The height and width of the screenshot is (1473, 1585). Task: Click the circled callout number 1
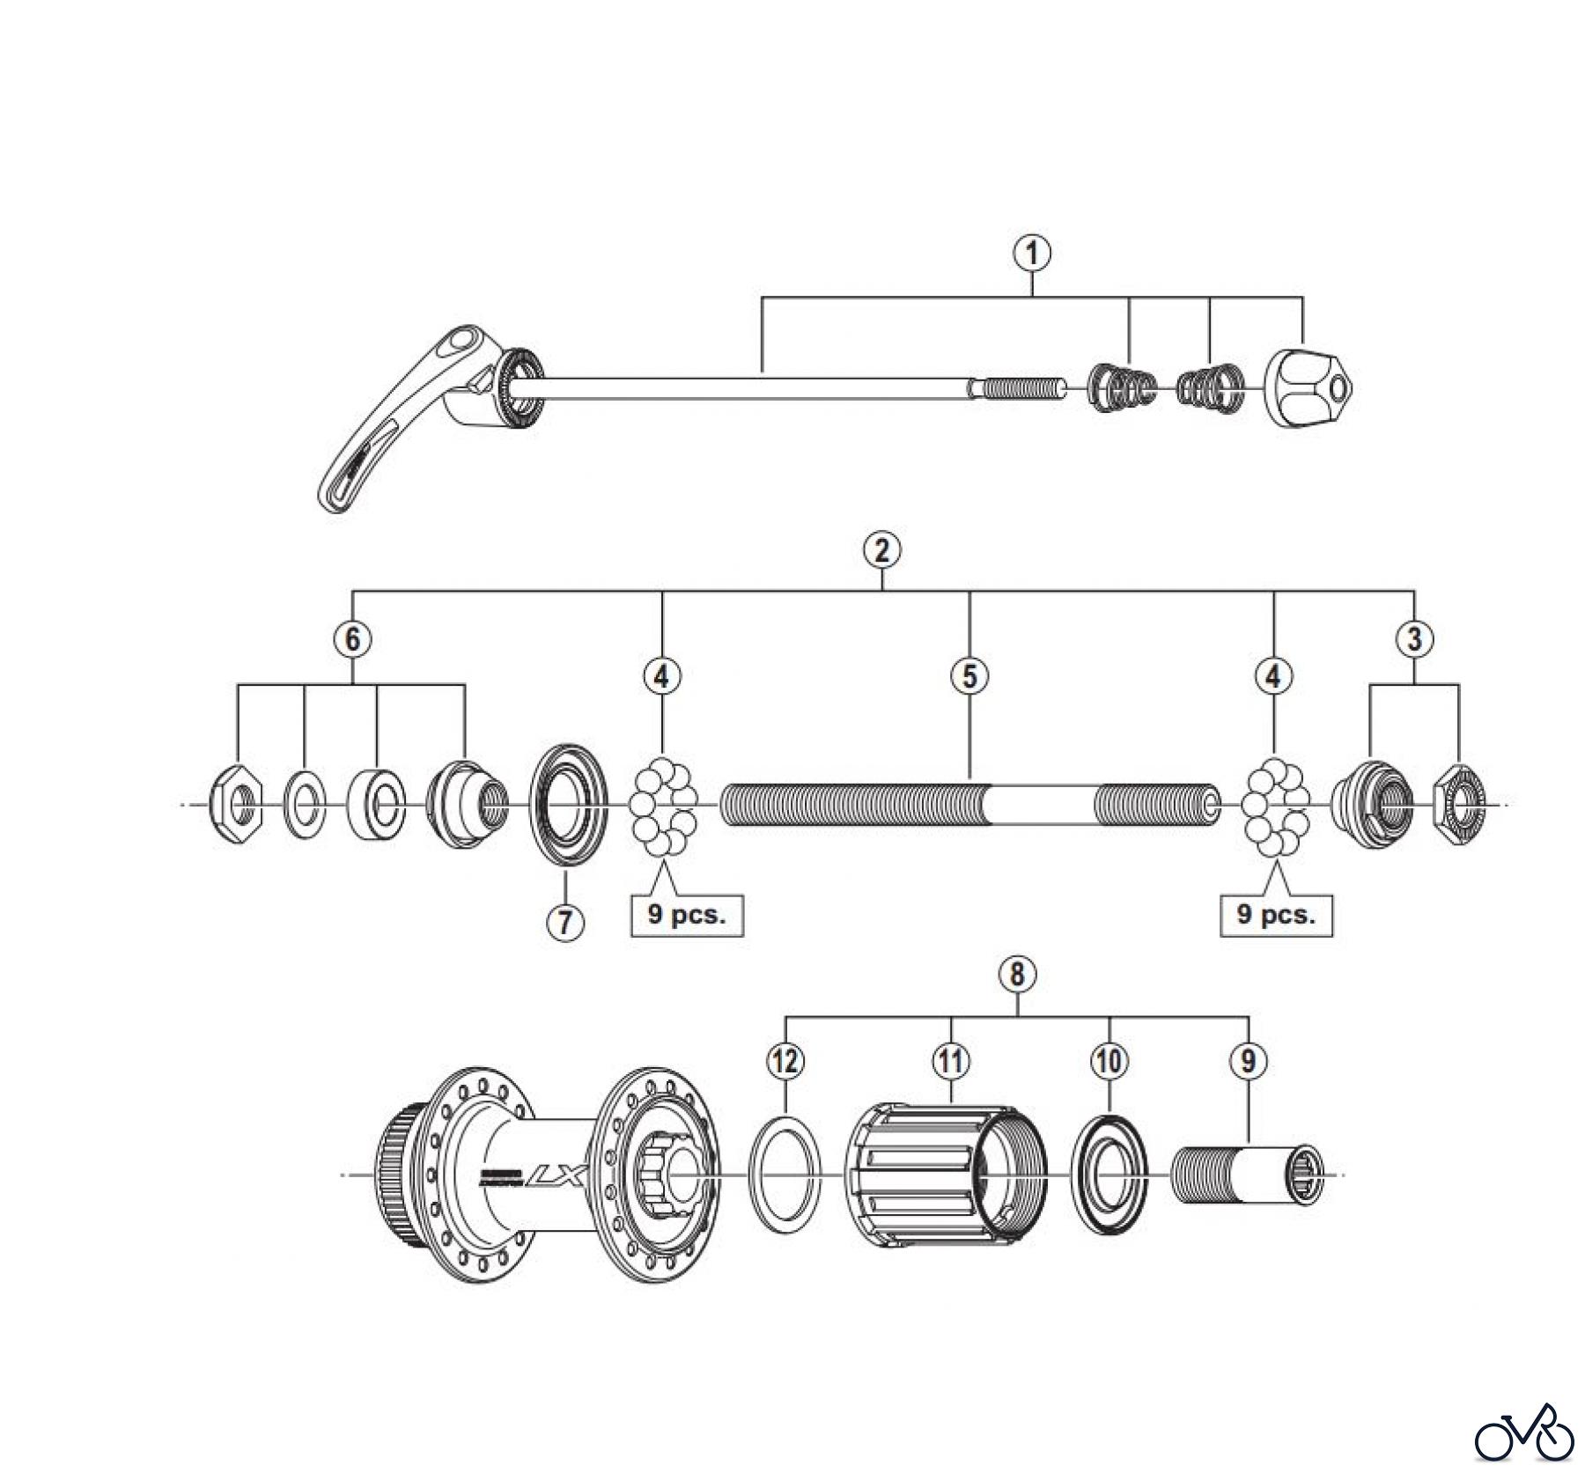tap(1032, 254)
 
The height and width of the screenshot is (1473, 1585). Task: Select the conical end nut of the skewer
tap(1307, 388)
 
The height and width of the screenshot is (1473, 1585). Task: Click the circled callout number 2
tap(881, 550)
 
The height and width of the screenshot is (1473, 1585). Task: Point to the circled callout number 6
tap(352, 639)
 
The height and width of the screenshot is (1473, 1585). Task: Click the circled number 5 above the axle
tap(969, 676)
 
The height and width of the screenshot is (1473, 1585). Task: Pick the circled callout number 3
tap(1414, 639)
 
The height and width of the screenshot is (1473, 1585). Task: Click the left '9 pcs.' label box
tap(687, 915)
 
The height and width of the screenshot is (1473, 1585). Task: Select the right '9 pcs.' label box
tap(1275, 915)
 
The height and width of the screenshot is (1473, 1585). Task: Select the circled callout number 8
tap(1017, 975)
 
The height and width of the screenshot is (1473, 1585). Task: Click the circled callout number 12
tap(785, 1060)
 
